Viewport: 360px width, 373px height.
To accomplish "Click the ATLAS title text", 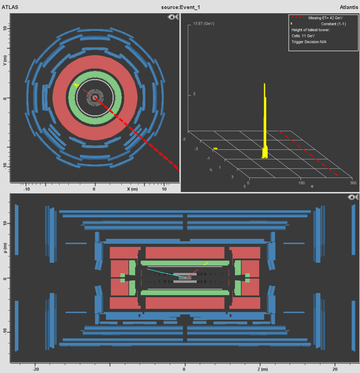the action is [10, 7].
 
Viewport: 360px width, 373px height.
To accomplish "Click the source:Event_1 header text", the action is [181, 7].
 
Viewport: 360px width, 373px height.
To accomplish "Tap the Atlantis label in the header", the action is [349, 7].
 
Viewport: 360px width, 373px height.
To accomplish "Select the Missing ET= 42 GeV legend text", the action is [325, 18].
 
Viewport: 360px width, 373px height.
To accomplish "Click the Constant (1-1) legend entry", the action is [334, 24].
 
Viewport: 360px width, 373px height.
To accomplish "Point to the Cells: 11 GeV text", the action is [303, 36].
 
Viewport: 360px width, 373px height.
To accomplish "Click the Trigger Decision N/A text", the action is [309, 42].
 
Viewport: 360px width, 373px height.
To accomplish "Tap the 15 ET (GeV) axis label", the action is [204, 24].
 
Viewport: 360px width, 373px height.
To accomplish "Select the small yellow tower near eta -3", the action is [216, 149].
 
